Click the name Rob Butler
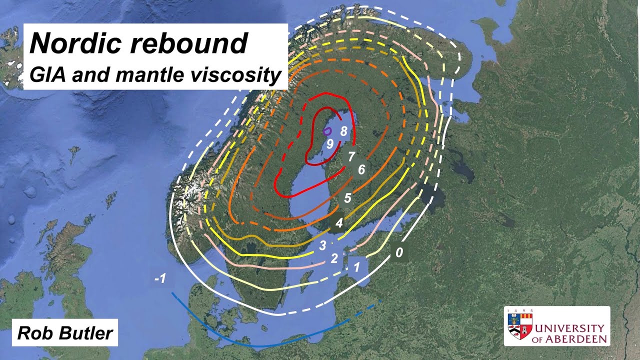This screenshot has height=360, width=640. click(65, 333)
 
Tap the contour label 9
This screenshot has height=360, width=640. click(330, 144)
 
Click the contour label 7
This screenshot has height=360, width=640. click(351, 157)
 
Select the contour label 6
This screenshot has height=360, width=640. click(361, 170)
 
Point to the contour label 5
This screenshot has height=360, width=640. click(347, 198)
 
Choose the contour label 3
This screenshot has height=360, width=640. click(322, 245)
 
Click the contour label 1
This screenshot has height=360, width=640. click(356, 267)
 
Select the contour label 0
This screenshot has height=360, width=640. click(398, 252)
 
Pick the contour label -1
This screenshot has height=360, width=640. click(160, 278)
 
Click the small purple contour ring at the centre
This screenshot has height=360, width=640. click(327, 131)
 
